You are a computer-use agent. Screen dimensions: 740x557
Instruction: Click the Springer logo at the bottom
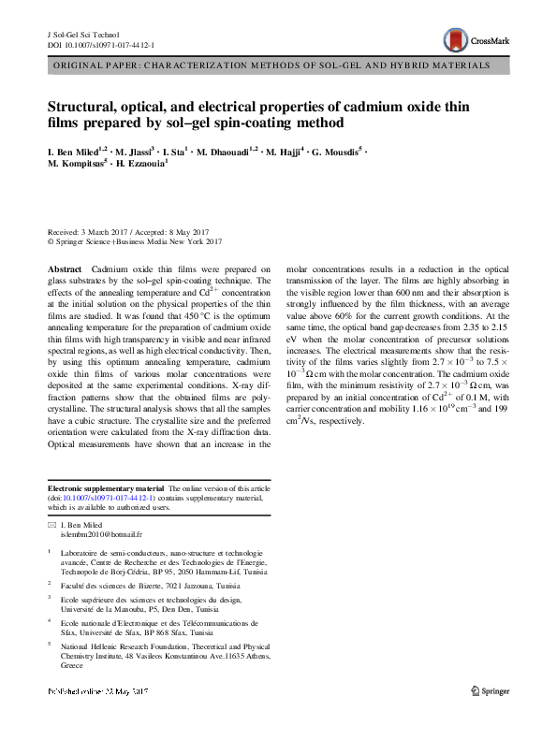tap(492, 691)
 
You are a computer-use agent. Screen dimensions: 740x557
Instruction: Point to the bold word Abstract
tap(64, 268)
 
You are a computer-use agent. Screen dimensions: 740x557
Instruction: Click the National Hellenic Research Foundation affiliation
tap(165, 646)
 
